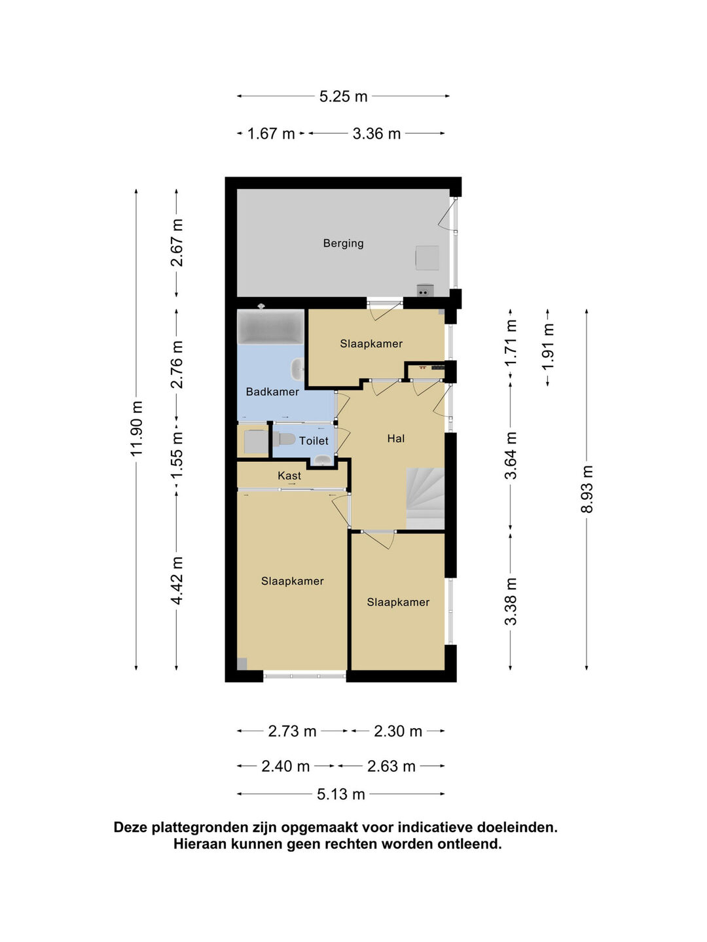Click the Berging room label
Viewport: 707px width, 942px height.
pos(343,243)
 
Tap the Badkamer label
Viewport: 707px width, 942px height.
pos(272,391)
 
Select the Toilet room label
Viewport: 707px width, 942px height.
pos(314,441)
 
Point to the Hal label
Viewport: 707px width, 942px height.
pos(395,438)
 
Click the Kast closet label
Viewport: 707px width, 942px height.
pos(289,476)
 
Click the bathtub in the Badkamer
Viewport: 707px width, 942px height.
pos(270,326)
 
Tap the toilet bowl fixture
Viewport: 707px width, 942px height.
pos(283,440)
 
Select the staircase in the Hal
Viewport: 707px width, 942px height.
pos(425,498)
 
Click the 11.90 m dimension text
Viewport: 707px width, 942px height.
pos(137,428)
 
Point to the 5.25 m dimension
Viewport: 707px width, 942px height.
pos(343,96)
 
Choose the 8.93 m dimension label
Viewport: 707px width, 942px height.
pos(587,489)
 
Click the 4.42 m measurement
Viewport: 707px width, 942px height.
pos(177,581)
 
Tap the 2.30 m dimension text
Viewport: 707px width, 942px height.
pos(398,731)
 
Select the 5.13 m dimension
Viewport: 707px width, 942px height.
pos(341,794)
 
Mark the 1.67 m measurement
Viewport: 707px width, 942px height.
pos(271,134)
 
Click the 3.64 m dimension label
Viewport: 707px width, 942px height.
pos(511,455)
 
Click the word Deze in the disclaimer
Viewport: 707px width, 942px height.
pos(130,828)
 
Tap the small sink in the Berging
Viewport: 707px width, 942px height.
pos(425,290)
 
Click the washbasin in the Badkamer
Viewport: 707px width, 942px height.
pos(297,369)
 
